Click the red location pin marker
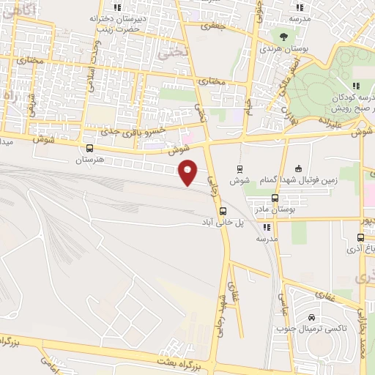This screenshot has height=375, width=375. pos(189,171)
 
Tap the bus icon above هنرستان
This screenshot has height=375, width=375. pos(89,147)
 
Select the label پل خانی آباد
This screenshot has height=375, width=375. pos(213,222)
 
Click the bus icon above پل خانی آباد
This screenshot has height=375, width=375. pos(213,211)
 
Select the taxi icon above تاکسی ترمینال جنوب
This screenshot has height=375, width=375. pos(313,318)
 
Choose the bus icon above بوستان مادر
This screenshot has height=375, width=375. pos(275,198)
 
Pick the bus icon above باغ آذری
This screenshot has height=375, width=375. pos(360,237)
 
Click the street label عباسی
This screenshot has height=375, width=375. pos(282,302)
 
